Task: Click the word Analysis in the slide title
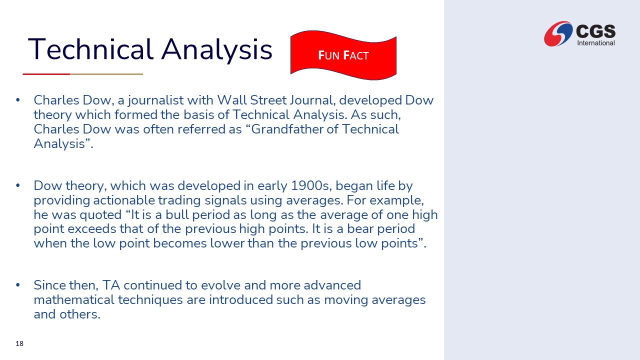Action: click(x=216, y=50)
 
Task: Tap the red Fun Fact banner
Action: click(x=343, y=55)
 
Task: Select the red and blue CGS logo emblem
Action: click(x=558, y=33)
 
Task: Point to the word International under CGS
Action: click(x=596, y=43)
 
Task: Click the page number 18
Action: click(x=19, y=343)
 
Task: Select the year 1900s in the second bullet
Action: click(x=311, y=185)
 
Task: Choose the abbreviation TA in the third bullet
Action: click(x=111, y=285)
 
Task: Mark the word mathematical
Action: click(x=74, y=299)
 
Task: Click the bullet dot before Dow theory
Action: click(x=18, y=185)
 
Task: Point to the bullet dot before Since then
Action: click(x=18, y=285)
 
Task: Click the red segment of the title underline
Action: click(x=46, y=74)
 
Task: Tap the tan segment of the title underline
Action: click(x=106, y=74)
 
